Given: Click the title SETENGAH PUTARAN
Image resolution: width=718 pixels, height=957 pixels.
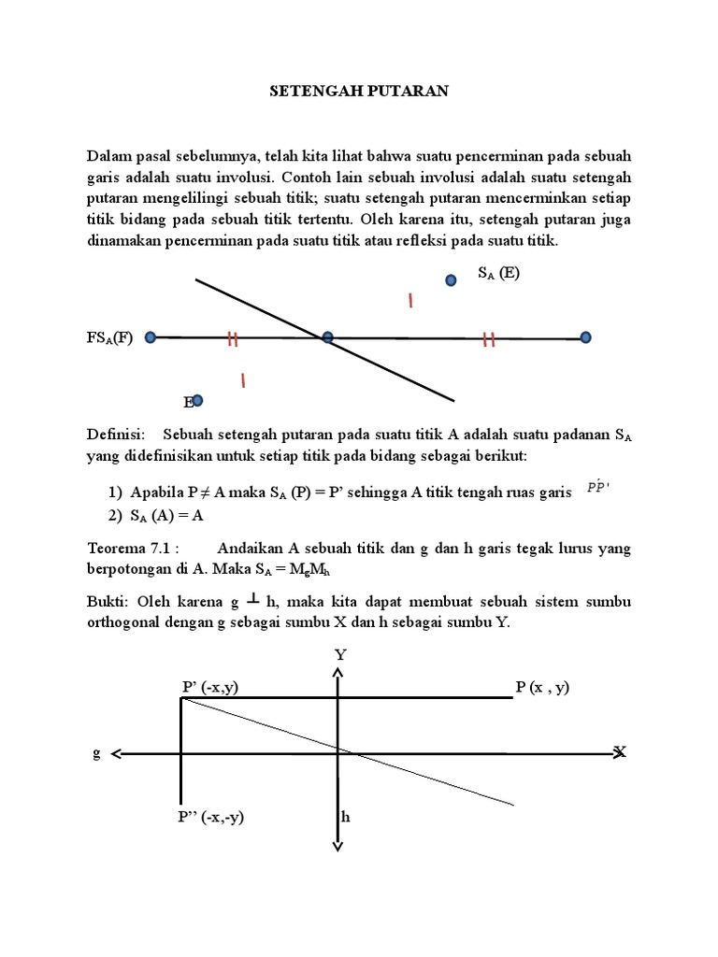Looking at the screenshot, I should tap(359, 91).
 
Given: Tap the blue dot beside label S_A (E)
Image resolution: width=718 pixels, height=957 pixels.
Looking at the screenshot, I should tap(451, 279).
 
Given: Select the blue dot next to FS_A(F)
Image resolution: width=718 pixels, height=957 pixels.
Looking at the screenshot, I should tap(151, 337).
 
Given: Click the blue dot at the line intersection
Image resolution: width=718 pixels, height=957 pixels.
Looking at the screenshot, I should tap(327, 337).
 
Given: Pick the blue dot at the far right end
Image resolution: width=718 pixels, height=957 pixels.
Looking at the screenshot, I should tap(585, 337).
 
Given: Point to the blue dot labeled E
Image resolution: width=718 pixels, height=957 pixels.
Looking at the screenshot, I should tap(197, 400).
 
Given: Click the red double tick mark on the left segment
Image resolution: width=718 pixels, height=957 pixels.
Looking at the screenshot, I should tap(232, 339).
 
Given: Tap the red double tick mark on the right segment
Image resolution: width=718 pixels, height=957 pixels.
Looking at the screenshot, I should tap(488, 340).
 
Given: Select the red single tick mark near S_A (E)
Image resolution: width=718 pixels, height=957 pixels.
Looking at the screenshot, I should tap(409, 300).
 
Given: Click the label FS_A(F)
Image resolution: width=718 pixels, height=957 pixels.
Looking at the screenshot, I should tap(110, 338).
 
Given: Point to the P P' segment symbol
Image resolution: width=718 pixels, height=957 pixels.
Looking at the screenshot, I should tap(597, 487).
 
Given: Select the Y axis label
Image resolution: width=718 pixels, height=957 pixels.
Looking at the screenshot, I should tap(340, 655).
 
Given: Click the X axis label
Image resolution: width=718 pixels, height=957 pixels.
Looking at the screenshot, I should tap(619, 751).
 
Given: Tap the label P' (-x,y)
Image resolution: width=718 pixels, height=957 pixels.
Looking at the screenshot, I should tap(209, 687).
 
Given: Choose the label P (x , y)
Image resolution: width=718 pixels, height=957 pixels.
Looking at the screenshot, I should tap(542, 687).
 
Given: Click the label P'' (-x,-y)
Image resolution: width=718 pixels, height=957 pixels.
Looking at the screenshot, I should tap(211, 816).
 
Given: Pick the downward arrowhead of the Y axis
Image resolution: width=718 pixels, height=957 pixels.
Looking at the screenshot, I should tap(337, 845).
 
